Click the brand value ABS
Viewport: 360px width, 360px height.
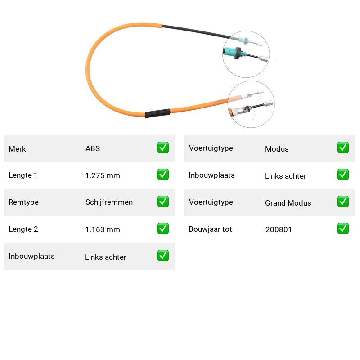point(93,148)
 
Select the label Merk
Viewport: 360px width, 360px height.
point(17,149)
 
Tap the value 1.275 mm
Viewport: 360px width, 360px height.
point(103,175)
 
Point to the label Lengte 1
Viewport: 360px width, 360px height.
point(23,175)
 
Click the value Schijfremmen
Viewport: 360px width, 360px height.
point(109,202)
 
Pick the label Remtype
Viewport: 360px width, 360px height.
point(24,202)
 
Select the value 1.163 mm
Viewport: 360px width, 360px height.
point(103,229)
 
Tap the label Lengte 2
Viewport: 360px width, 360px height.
point(23,229)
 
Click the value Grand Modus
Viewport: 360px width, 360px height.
point(288,203)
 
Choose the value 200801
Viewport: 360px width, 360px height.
point(279,229)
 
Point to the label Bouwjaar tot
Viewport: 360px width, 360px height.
point(210,229)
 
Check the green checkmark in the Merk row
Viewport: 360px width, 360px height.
point(163,148)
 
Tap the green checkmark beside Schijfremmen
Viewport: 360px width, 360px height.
point(163,201)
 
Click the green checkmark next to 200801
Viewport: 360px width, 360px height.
point(343,229)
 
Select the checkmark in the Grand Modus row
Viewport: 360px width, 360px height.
point(343,201)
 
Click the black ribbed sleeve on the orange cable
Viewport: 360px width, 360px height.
point(157,113)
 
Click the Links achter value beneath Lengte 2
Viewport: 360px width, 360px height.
point(106,257)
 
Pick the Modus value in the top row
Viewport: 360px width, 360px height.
point(277,149)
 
